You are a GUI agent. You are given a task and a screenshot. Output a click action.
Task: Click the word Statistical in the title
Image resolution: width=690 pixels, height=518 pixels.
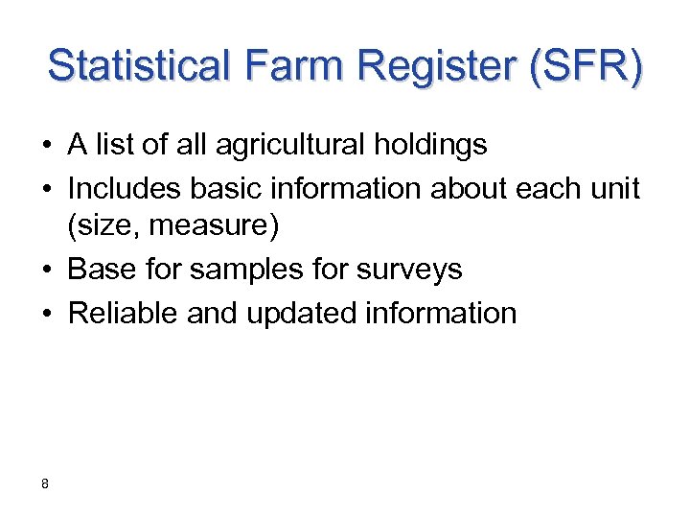tap(138, 67)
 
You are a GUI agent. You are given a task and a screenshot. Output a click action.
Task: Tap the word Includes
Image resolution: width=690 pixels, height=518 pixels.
tap(123, 188)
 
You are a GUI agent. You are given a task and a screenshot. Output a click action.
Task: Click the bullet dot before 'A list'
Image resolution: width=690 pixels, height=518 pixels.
tap(46, 147)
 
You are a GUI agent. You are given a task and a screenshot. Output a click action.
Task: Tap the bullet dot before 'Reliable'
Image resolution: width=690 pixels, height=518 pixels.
tap(46, 314)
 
